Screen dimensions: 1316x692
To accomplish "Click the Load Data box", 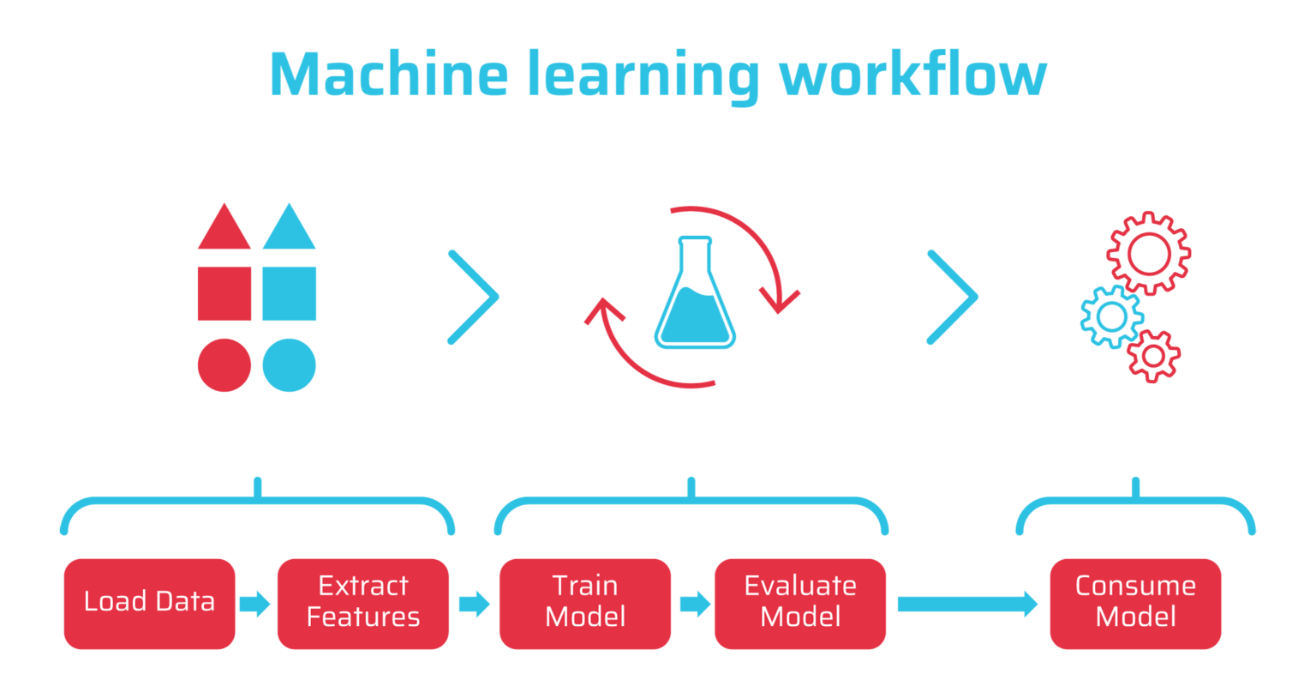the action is (x=149, y=604).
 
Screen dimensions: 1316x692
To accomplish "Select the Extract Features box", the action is (x=363, y=604).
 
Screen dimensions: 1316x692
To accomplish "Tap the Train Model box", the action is (x=585, y=604).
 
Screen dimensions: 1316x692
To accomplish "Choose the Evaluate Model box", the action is (x=800, y=604).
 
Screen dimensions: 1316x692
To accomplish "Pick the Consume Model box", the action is (x=1135, y=604).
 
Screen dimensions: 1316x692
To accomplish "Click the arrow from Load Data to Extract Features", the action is (x=255, y=604).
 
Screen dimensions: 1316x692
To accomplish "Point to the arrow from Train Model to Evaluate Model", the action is (x=695, y=604).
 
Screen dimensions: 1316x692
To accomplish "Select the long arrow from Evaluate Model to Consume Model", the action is (x=967, y=604).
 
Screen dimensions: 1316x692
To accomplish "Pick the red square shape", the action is (x=224, y=293).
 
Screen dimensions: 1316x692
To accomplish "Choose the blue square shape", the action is (x=289, y=293).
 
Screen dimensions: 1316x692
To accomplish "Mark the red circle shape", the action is (x=224, y=365).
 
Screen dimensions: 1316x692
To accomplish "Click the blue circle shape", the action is (x=289, y=365).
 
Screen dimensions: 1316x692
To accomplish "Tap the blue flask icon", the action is (x=695, y=317).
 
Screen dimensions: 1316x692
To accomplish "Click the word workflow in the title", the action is (x=913, y=74).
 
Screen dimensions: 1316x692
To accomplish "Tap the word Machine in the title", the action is (x=389, y=74).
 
